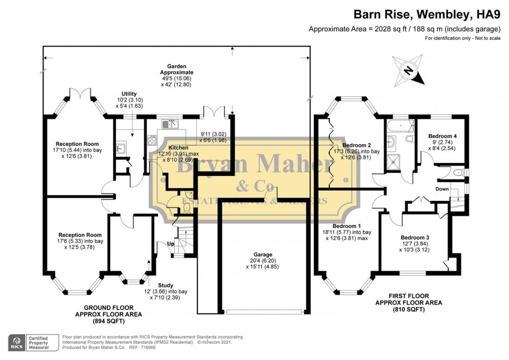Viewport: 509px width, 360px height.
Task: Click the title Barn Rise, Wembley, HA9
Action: tap(428, 14)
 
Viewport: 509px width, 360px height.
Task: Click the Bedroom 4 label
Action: tap(442, 136)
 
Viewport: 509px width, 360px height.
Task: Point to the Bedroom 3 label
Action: tap(415, 237)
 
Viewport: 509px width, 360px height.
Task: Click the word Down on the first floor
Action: tap(442, 189)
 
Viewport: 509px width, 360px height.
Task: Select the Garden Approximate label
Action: tap(176, 69)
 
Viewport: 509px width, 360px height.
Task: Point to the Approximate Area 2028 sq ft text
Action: tap(404, 29)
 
